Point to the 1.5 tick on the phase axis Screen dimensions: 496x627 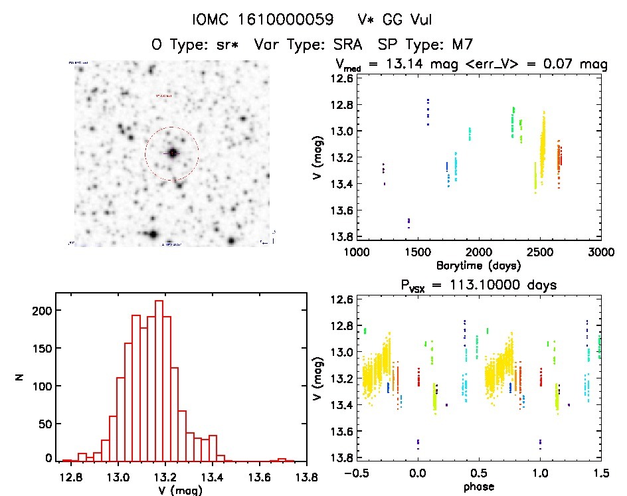(x=601, y=472)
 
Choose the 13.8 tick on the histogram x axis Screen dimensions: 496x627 (x=306, y=476)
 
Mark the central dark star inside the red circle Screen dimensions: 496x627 (x=173, y=153)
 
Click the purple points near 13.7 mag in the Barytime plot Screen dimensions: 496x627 (x=408, y=222)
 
